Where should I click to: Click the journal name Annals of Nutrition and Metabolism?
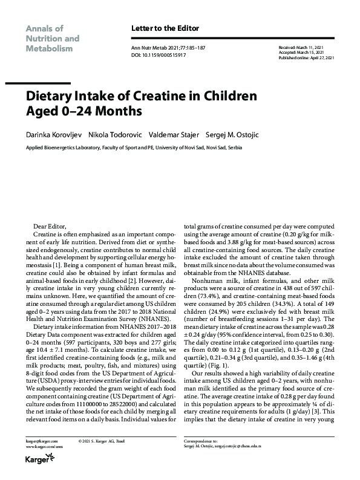[52, 38]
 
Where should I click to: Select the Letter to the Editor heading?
[165, 28]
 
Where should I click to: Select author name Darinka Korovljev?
[53, 134]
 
